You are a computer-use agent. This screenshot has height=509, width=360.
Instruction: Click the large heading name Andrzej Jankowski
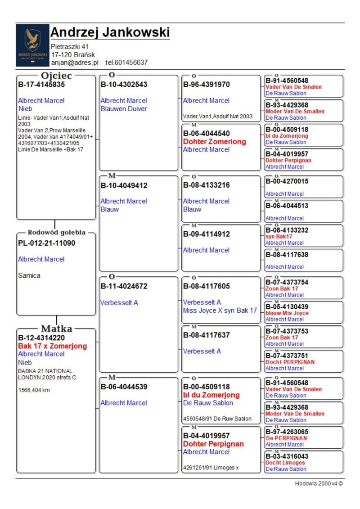click(110, 32)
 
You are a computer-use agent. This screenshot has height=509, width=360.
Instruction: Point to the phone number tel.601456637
click(126, 63)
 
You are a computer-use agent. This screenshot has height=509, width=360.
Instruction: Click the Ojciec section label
click(57, 76)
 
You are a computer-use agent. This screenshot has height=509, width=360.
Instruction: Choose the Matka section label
click(57, 329)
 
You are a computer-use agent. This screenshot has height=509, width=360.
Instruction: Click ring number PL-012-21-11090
click(47, 243)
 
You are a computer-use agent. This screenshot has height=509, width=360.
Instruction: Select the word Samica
click(29, 275)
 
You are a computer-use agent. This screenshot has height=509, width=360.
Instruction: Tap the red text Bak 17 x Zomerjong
click(52, 346)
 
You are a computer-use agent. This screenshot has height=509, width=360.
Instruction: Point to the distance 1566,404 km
click(34, 390)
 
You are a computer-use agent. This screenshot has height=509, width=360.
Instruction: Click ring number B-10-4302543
click(124, 85)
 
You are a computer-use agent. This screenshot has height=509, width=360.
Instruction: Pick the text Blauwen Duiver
click(124, 109)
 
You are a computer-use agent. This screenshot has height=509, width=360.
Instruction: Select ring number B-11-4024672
click(124, 286)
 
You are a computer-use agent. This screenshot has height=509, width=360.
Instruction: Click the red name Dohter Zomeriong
click(215, 142)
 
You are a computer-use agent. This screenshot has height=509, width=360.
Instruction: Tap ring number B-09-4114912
click(207, 234)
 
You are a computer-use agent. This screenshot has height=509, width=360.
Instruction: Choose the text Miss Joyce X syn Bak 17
click(220, 311)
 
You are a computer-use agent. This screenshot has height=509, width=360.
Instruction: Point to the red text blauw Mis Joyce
click(287, 313)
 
